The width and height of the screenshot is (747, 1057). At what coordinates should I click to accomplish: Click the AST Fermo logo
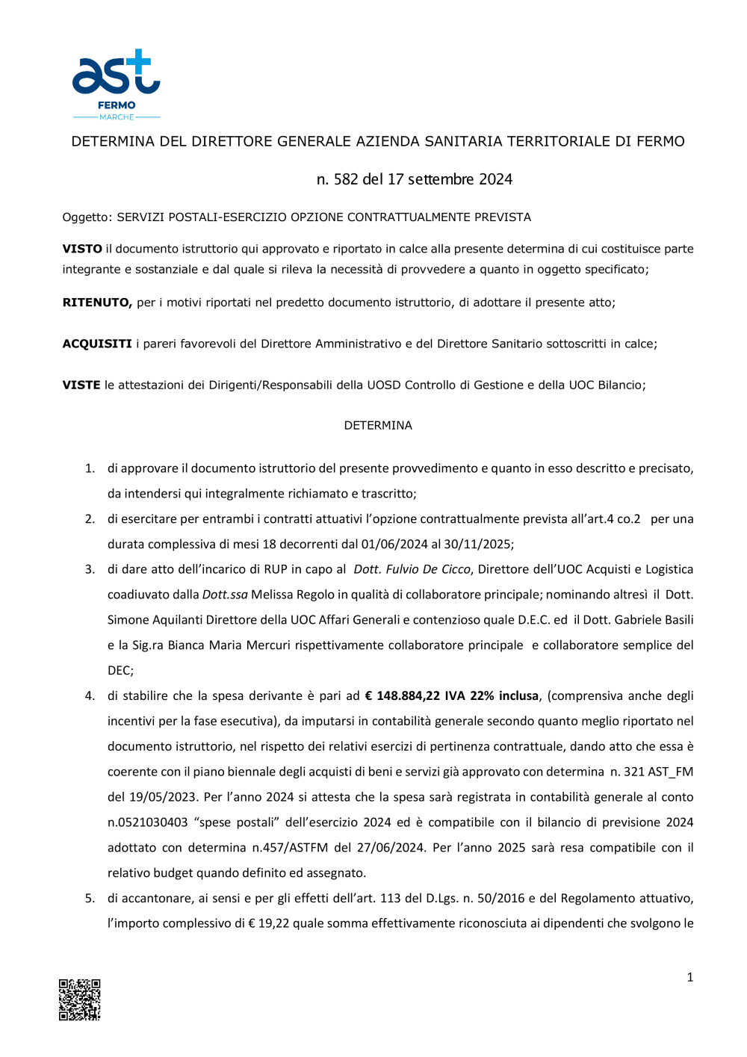(x=116, y=84)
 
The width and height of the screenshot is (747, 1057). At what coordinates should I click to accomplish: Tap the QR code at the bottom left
(x=80, y=999)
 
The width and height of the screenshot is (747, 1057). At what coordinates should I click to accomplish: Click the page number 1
(x=689, y=977)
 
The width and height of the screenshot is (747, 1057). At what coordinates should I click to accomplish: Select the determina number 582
(x=346, y=179)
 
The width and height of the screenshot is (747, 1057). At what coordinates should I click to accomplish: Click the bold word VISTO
(x=82, y=249)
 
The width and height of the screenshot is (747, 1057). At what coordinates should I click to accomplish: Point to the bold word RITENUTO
(x=97, y=303)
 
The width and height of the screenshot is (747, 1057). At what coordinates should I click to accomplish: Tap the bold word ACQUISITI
(x=97, y=344)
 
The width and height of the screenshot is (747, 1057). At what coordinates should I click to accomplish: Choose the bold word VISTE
(x=81, y=385)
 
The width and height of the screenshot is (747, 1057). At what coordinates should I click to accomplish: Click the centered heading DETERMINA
(x=378, y=425)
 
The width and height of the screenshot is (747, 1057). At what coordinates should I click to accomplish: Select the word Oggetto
(x=87, y=217)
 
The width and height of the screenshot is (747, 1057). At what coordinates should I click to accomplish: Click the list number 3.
(x=90, y=569)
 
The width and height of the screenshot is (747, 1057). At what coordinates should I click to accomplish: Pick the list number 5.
(x=90, y=898)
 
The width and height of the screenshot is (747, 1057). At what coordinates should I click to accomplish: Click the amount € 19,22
(x=268, y=923)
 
